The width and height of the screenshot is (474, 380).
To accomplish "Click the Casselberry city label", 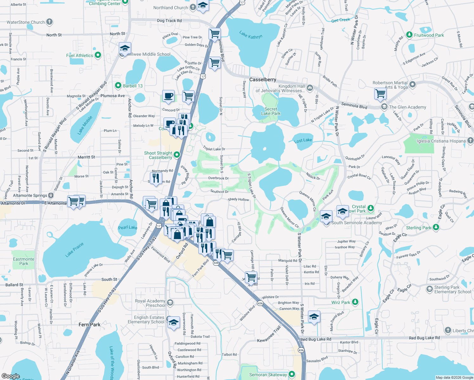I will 263,79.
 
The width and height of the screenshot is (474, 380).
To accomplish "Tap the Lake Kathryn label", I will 251,35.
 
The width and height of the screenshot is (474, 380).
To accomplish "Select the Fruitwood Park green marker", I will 409,35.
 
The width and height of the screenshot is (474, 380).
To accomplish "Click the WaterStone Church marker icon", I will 49,22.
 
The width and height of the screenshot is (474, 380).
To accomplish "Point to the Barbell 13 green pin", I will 118,85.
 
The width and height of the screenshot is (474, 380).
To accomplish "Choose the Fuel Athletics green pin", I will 98,55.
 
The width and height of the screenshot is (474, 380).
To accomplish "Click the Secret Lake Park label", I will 271,111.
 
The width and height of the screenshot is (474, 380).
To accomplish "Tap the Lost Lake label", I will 303,140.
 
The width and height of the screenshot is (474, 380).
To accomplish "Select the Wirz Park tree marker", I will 355,302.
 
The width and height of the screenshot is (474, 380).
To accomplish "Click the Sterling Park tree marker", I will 436,227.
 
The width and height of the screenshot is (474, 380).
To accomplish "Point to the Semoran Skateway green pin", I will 292,374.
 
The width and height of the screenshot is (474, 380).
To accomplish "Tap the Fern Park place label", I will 89,325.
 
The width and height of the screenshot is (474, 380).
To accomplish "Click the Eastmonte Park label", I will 24,261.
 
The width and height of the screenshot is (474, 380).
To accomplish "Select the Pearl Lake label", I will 128,227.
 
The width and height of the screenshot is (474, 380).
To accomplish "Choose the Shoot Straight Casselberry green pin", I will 177,155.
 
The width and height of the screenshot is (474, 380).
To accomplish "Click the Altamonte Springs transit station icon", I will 51,195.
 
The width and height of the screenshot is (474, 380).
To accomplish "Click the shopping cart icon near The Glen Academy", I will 380,93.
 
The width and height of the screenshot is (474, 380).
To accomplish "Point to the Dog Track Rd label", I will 170,21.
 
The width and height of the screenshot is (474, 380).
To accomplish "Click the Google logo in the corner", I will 11,376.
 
